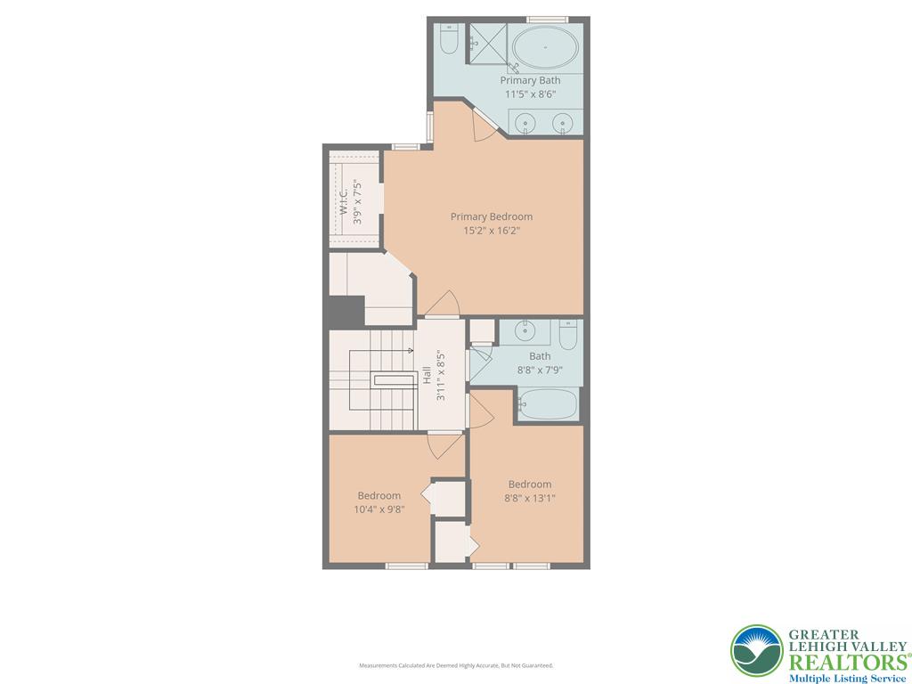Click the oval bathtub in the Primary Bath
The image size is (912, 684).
[x=545, y=47]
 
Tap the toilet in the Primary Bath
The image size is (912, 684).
[x=448, y=41]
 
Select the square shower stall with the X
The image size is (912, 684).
[x=487, y=44]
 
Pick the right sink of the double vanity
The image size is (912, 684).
[x=562, y=123]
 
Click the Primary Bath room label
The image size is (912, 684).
[x=530, y=80]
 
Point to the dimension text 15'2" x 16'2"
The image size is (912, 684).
[x=491, y=231]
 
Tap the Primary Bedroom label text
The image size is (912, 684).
[x=491, y=216]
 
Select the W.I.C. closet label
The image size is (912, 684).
[x=344, y=199]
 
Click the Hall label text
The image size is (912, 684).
[x=427, y=376]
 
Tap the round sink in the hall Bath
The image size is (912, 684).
[x=525, y=331]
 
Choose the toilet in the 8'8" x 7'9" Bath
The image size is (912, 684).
[x=568, y=336]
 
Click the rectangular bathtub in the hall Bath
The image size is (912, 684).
[x=548, y=404]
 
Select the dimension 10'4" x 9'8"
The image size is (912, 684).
[x=379, y=510]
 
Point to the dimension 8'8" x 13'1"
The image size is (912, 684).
[x=530, y=499]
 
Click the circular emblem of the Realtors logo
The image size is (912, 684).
[x=757, y=651]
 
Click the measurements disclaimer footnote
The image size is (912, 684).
[x=456, y=665]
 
